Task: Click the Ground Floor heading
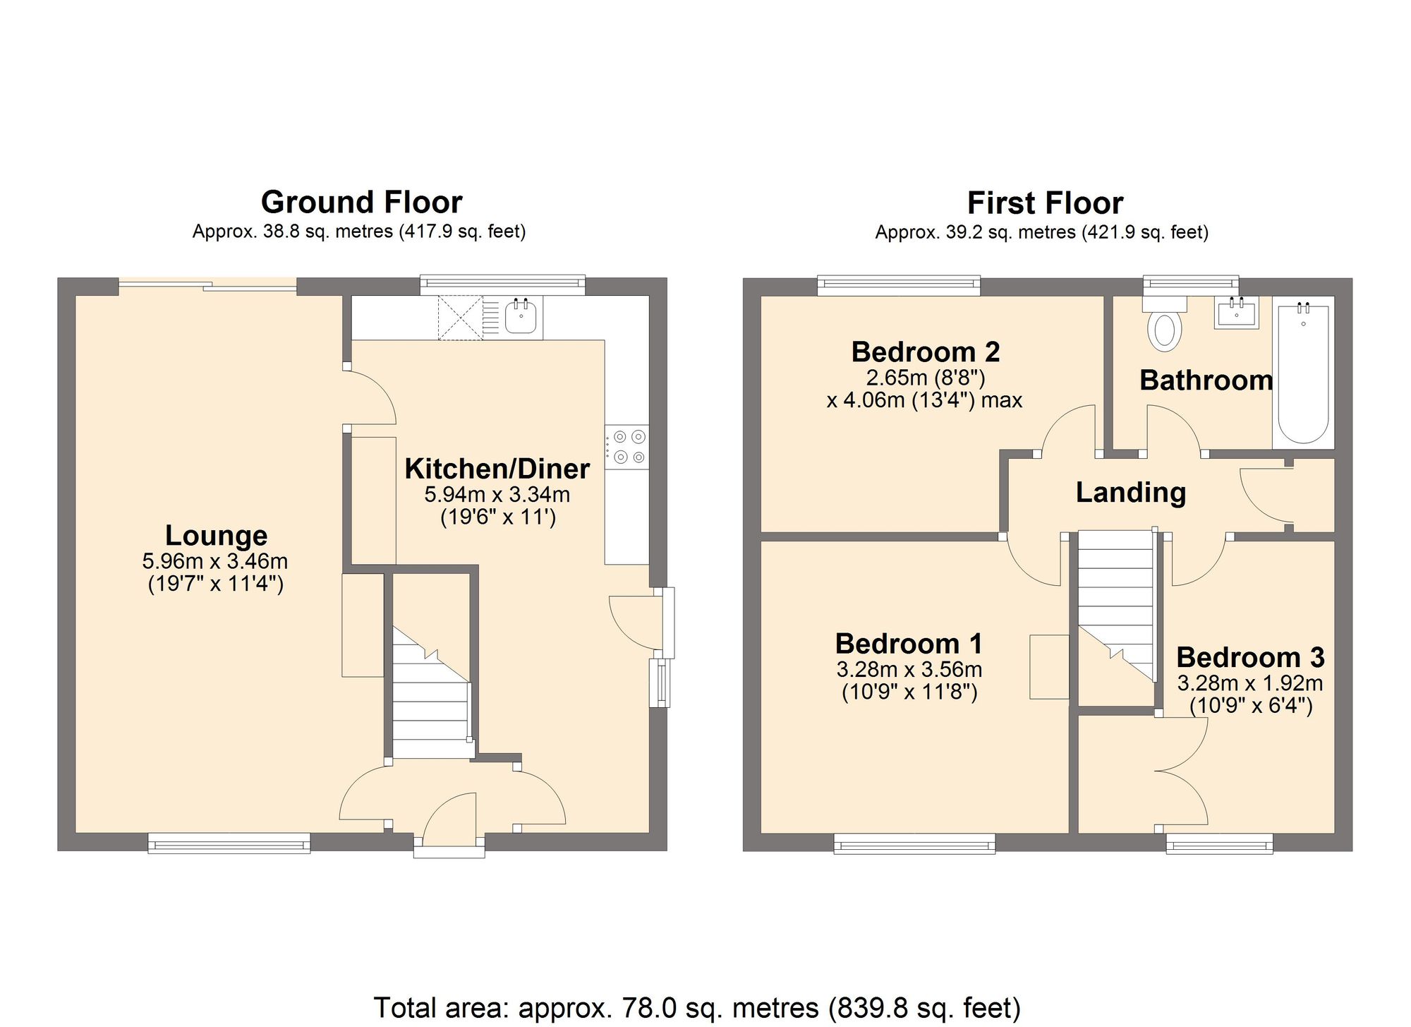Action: point(361,203)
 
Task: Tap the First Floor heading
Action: point(1045,203)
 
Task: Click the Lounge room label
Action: point(216,536)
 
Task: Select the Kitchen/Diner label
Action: point(497,469)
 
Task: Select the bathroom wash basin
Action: point(1237,312)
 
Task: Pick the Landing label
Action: point(1130,493)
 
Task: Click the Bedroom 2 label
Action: point(925,352)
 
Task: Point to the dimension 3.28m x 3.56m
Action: point(909,668)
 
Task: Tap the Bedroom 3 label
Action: point(1250,657)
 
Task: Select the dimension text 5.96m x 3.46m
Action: point(215,561)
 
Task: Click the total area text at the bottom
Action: point(696,1008)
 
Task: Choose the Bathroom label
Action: point(1206,380)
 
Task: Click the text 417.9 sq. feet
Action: point(463,232)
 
